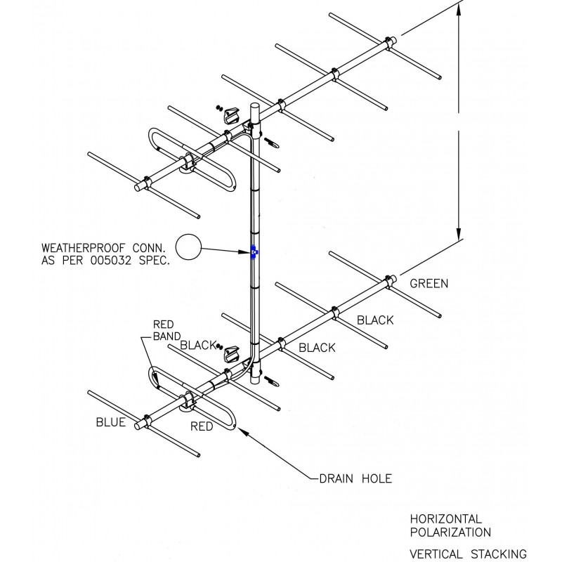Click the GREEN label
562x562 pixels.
pos(429,284)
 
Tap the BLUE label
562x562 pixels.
pos(110,422)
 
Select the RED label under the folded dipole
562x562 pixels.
pos(202,426)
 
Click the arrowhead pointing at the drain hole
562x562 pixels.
pos(244,431)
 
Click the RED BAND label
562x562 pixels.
pos(166,330)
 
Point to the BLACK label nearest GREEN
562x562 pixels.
pos(374,320)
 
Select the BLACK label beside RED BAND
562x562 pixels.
pos(197,345)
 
